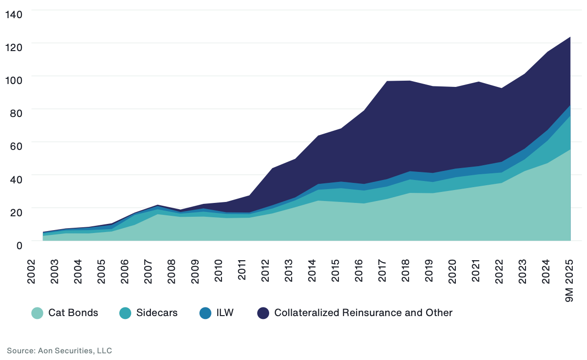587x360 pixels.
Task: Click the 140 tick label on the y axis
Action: pos(14,14)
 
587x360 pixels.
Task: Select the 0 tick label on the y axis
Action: pos(20,245)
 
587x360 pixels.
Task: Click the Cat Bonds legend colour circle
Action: pos(38,313)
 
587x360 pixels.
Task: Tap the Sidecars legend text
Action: pos(157,313)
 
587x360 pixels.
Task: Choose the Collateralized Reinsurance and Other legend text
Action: pos(363,313)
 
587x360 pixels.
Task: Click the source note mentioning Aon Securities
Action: pos(59,351)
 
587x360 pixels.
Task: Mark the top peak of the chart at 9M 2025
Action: pos(570,37)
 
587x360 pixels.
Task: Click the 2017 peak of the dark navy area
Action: pos(386,81)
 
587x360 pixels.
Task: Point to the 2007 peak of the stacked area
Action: pos(157,205)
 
